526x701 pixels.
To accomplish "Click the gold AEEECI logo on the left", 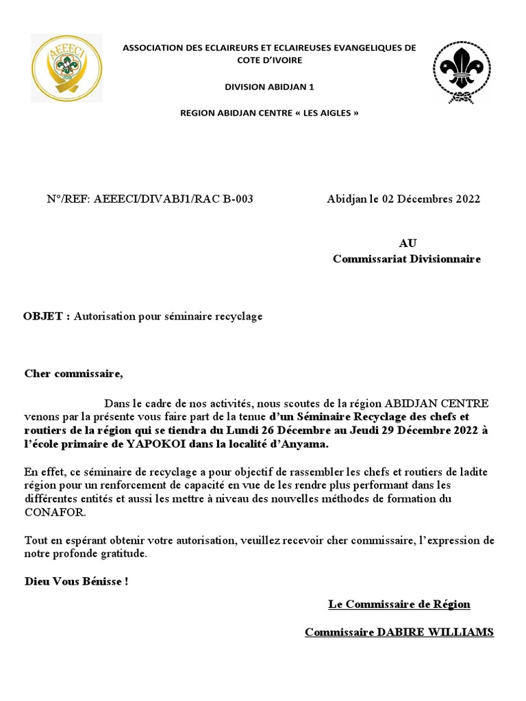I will pyautogui.click(x=66, y=68).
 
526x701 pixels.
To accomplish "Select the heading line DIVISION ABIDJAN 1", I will pyautogui.click(x=269, y=86).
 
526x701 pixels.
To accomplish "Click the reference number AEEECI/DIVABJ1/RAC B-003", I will pyautogui.click(x=173, y=199).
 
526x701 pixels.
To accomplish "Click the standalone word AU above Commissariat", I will pyautogui.click(x=407, y=243).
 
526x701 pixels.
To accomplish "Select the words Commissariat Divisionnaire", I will pyautogui.click(x=407, y=259).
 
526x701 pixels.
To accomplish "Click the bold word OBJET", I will pyautogui.click(x=45, y=316).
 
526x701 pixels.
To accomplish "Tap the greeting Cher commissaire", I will pyautogui.click(x=73, y=373).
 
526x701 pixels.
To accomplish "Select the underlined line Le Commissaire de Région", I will pyautogui.click(x=399, y=604).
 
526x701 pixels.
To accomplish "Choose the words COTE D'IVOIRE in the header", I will pyautogui.click(x=268, y=60).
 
